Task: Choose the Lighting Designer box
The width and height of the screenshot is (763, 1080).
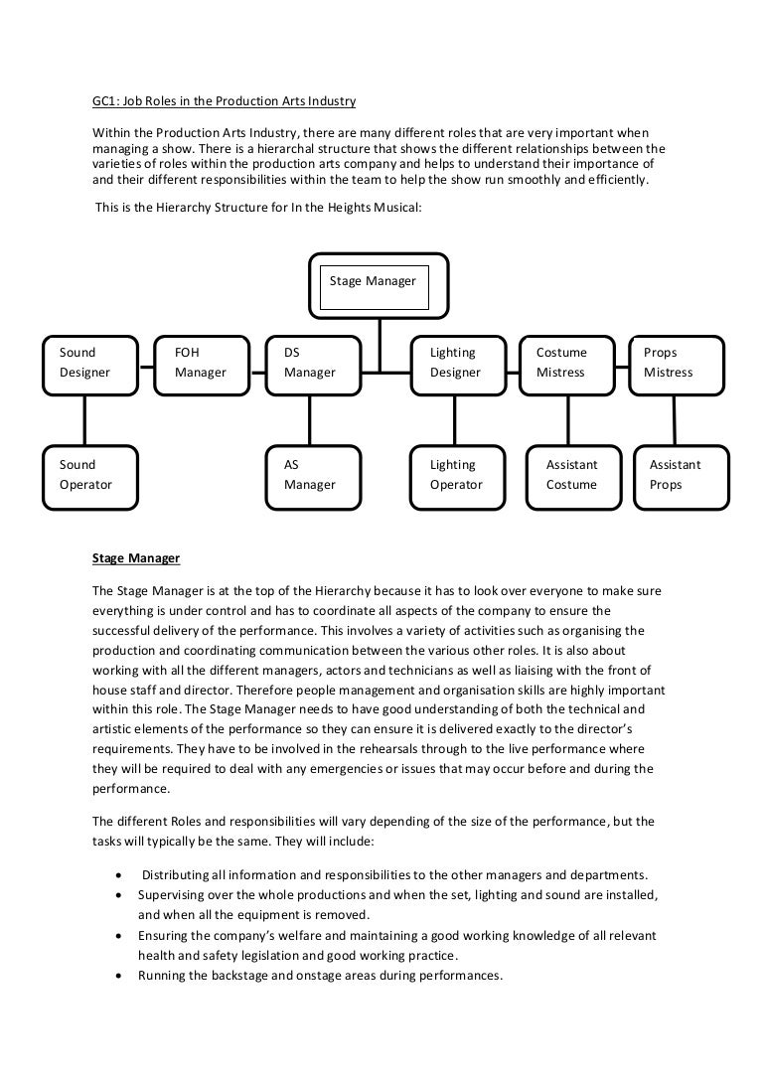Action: [x=460, y=364]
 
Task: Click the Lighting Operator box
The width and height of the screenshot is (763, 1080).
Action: [x=460, y=475]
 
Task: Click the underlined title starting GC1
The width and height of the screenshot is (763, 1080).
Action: [x=224, y=102]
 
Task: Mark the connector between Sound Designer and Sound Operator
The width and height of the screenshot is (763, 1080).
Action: [x=85, y=418]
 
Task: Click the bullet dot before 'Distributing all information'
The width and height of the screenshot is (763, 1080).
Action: [x=120, y=875]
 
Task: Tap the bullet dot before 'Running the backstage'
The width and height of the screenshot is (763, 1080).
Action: [x=120, y=976]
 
